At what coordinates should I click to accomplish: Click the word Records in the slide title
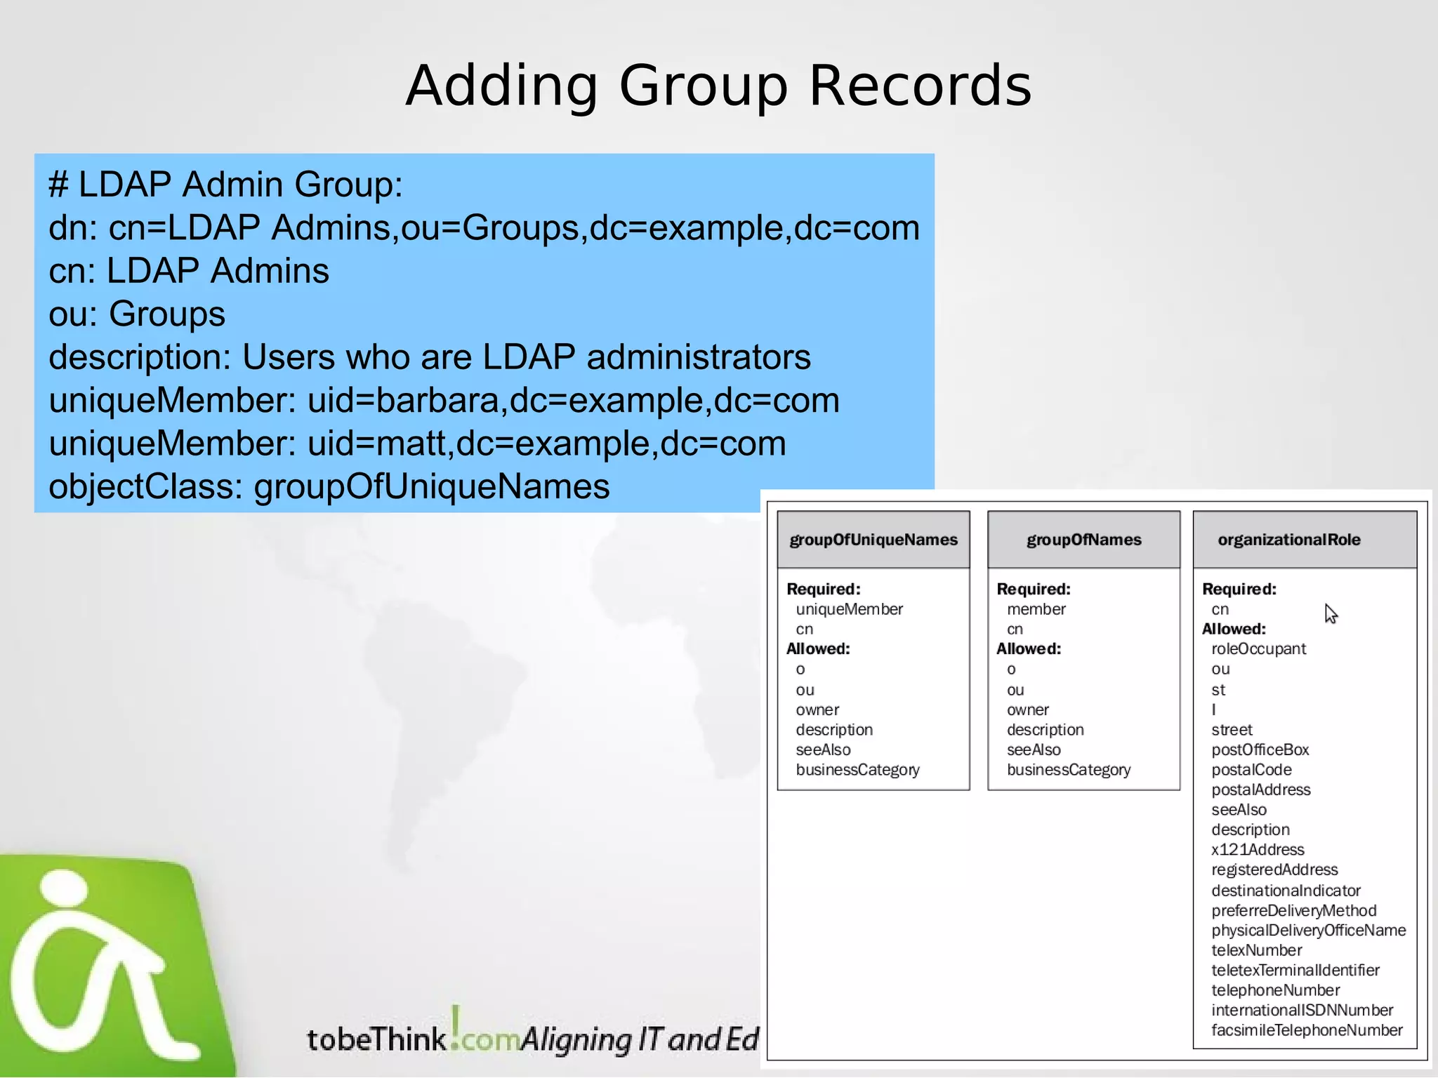[x=920, y=86]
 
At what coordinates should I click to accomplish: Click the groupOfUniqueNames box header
[x=873, y=540]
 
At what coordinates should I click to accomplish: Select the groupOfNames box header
[x=1083, y=540]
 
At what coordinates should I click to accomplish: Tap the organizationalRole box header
[x=1289, y=540]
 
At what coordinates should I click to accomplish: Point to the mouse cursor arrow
[x=1330, y=613]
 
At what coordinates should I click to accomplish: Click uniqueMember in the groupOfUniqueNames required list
[x=849, y=609]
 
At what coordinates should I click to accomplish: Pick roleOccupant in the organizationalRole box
[x=1258, y=649]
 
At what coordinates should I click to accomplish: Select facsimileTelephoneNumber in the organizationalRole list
[x=1306, y=1030]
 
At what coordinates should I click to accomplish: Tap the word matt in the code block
[x=415, y=444]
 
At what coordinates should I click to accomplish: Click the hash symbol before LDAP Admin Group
[x=58, y=185]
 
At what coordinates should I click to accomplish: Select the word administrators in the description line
[x=698, y=357]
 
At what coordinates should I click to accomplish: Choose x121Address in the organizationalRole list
[x=1258, y=850]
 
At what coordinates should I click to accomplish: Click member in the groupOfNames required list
[x=1036, y=609]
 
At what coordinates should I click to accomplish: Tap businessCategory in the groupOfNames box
[x=1068, y=770]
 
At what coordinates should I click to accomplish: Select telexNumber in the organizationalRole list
[x=1256, y=950]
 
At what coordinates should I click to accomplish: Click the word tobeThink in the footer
[x=376, y=1039]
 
